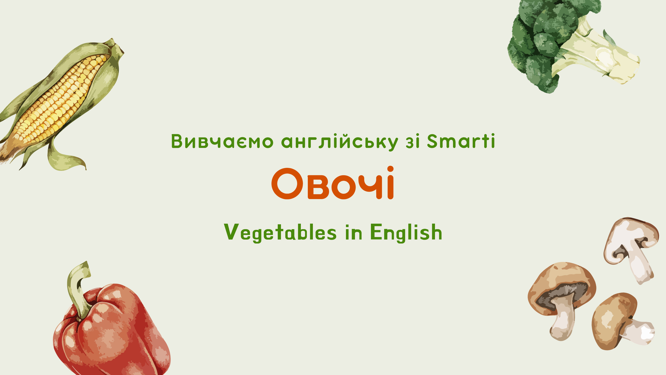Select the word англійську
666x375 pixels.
coord(339,142)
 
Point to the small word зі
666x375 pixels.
coord(413,142)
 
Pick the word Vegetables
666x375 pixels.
coord(280,233)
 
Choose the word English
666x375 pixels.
coord(406,233)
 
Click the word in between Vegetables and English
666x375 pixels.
coord(354,233)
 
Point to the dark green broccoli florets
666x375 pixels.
coord(543,39)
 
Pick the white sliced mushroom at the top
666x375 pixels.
coord(631,248)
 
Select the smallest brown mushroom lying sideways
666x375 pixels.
coord(620,321)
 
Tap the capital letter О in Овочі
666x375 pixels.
coord(287,184)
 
